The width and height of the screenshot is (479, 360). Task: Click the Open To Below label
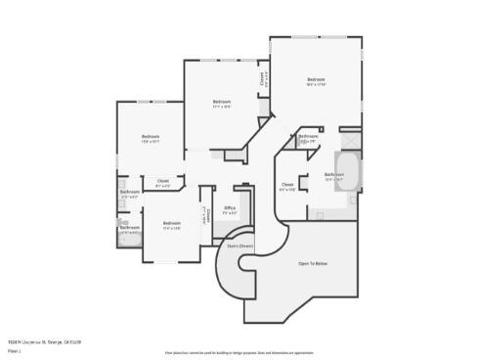coord(313,263)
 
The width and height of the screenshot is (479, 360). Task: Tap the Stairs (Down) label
coord(240,247)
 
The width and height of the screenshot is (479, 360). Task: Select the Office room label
coord(230,207)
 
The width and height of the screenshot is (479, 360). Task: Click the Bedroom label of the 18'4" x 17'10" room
coord(315,79)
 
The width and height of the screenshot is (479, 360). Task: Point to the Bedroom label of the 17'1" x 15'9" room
coord(222,102)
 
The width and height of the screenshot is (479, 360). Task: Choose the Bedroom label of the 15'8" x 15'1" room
coord(150,136)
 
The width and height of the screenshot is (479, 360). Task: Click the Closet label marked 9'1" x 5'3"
coord(163,180)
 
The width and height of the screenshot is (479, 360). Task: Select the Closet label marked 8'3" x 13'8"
coord(287,184)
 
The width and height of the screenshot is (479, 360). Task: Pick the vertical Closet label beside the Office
coord(208,214)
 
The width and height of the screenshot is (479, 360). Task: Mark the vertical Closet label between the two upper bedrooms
coord(261,78)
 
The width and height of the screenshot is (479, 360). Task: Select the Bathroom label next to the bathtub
coord(333,175)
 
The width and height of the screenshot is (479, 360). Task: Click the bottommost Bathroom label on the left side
coord(130,227)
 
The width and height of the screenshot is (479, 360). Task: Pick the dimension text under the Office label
coord(230,212)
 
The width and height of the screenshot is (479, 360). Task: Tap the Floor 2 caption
coord(14,349)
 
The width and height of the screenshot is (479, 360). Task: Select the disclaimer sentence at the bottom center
coord(239,350)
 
